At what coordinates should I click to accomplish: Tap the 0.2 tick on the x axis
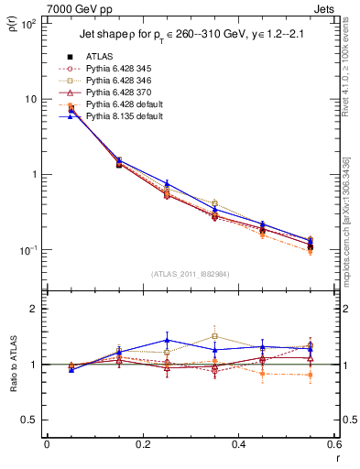coord(142,446)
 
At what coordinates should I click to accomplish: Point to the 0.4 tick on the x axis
coord(238,446)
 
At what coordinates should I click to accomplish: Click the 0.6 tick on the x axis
coord(334,446)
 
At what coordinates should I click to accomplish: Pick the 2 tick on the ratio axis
coord(36,309)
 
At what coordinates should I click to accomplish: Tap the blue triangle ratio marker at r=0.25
coord(167,340)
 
